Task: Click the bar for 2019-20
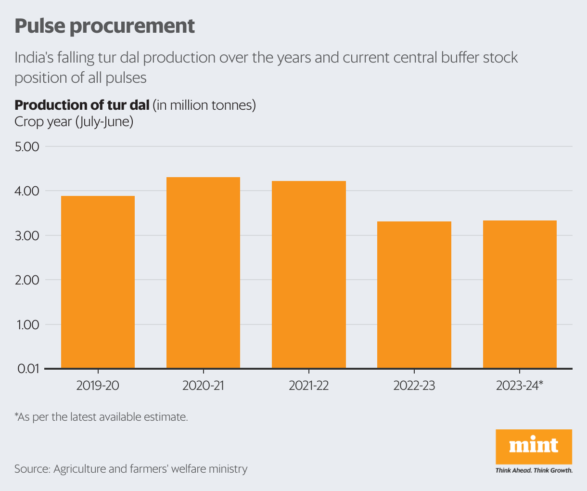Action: pos(98,282)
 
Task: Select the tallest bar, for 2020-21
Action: pos(203,273)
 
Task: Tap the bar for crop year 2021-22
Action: pos(309,275)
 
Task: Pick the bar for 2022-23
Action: pos(414,295)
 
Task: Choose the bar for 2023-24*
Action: pos(520,295)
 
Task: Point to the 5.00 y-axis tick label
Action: pos(27,146)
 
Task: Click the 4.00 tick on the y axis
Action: pos(27,191)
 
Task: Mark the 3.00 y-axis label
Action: pos(27,236)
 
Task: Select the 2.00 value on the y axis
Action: pos(27,280)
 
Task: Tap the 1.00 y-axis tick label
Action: pos(27,325)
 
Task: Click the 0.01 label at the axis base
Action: pos(27,369)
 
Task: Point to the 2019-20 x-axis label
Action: pos(98,386)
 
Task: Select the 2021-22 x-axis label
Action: pos(309,386)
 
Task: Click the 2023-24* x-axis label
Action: pos(520,386)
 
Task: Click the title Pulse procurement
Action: pos(104,26)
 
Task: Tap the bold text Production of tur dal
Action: pos(82,105)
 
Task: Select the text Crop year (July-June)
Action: pos(74,122)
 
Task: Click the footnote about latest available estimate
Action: pos(101,417)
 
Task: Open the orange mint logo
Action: pos(534,447)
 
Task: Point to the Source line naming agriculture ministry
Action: pos(131,469)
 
